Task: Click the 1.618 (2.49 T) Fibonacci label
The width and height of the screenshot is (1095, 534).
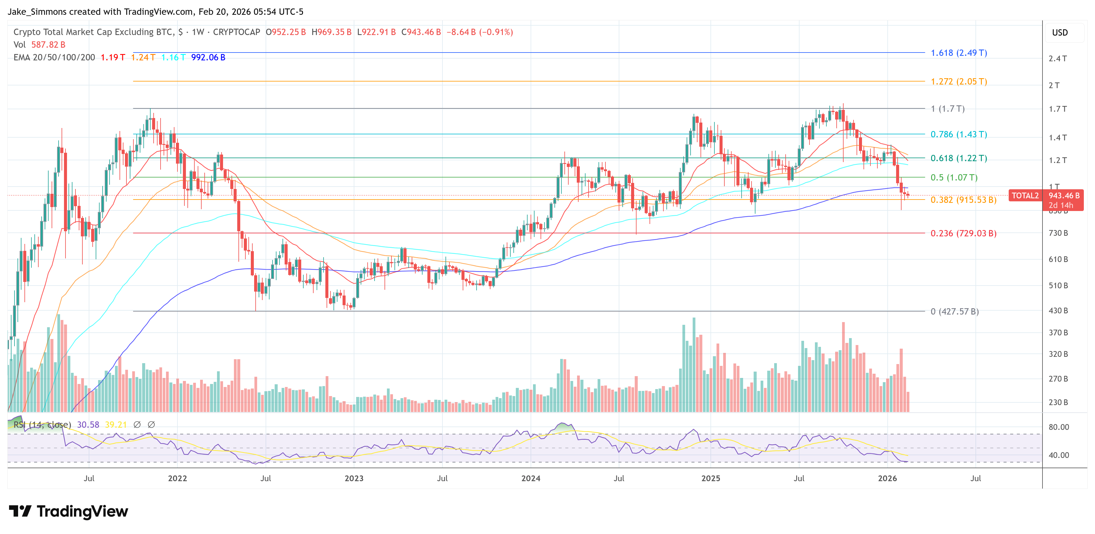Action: pyautogui.click(x=959, y=53)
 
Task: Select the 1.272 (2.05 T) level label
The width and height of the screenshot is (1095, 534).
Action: pyautogui.click(x=959, y=82)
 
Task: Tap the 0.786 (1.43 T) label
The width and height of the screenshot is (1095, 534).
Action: pyautogui.click(x=959, y=134)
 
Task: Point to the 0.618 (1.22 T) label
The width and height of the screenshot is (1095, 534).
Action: pyautogui.click(x=959, y=158)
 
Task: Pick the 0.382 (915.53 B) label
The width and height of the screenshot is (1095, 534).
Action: pyautogui.click(x=963, y=200)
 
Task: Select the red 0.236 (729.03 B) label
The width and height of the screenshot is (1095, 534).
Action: pyautogui.click(x=963, y=233)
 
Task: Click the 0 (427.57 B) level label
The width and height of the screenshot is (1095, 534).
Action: pyautogui.click(x=954, y=312)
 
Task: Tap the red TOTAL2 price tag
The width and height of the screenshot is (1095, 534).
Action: pyautogui.click(x=1025, y=196)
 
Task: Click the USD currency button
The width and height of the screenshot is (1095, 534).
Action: pyautogui.click(x=1059, y=33)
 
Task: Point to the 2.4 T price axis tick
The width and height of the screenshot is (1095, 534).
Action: pyautogui.click(x=1057, y=59)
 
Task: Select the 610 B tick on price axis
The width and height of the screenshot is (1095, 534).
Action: pyautogui.click(x=1058, y=259)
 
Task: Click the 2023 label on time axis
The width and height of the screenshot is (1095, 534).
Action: pyautogui.click(x=354, y=478)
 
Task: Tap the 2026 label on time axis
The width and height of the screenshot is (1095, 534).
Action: pyautogui.click(x=887, y=478)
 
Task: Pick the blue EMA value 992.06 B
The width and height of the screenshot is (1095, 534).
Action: pyautogui.click(x=208, y=57)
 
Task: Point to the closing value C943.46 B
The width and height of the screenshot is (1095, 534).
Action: pyautogui.click(x=421, y=32)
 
